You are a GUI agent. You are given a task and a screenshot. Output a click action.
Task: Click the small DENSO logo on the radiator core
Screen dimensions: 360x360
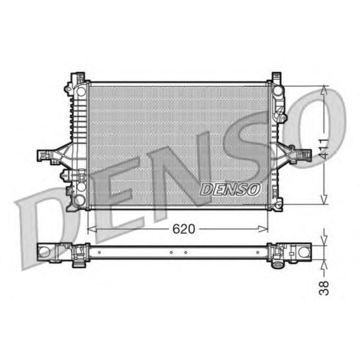pos(230,189)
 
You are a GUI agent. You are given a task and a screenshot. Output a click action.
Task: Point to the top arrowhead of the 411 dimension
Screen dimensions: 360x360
pos(323,90)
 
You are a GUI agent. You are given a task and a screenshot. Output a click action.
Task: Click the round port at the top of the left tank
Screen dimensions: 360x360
pos(80,91)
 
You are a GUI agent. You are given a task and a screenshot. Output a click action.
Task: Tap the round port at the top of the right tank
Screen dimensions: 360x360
pos(278,91)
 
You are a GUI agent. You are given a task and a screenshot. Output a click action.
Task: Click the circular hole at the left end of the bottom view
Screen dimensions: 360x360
pos(45,251)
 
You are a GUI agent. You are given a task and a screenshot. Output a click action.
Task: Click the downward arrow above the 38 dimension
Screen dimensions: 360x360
pos(323,240)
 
